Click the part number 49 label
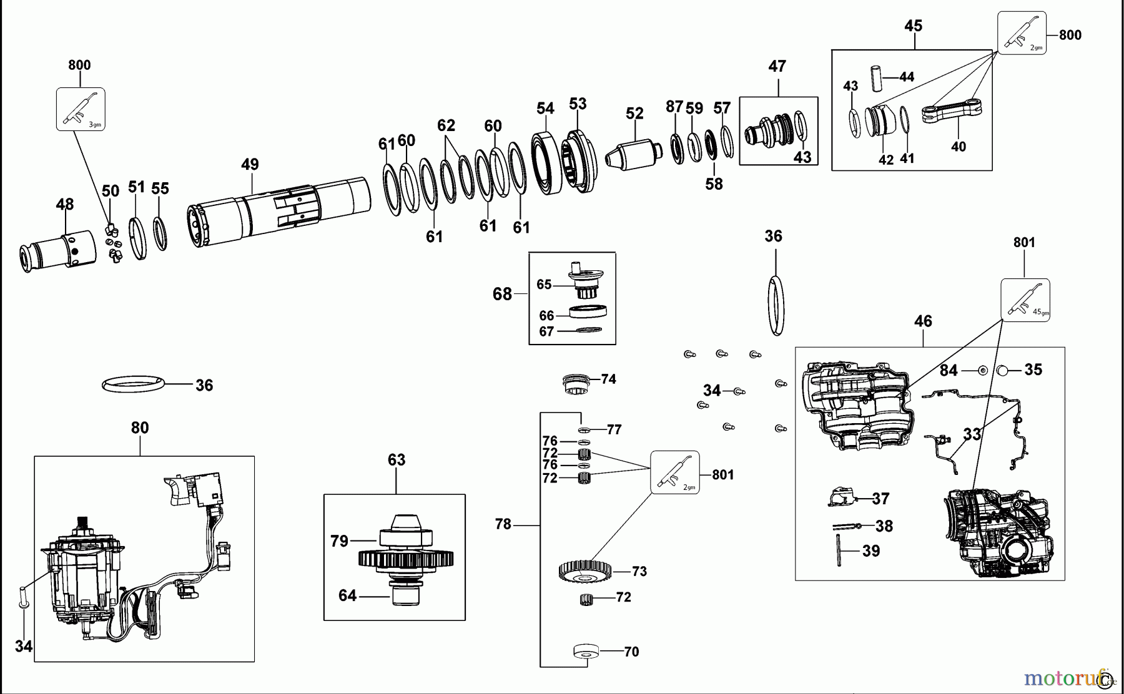(x=250, y=165)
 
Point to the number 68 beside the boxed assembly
(x=502, y=294)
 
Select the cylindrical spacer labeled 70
(x=586, y=652)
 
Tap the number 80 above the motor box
(x=140, y=428)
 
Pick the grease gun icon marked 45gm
(x=1025, y=300)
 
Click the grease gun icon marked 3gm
(x=81, y=109)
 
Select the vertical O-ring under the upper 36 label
(x=775, y=305)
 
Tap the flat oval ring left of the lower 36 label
(x=134, y=384)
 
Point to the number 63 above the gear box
(x=397, y=461)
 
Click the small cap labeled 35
(x=1002, y=370)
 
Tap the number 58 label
(x=714, y=184)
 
